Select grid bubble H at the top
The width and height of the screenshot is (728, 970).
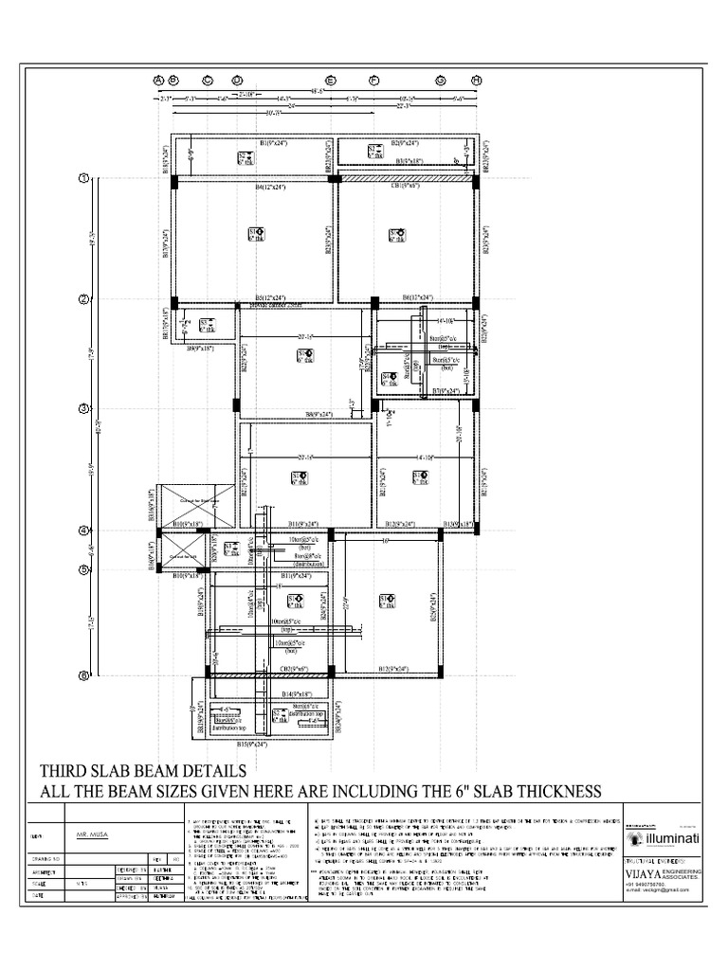(x=477, y=81)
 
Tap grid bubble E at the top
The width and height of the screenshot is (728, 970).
(x=331, y=81)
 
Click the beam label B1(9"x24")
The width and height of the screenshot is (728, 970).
(x=279, y=143)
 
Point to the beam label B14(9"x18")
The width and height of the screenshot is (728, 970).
(x=301, y=694)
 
